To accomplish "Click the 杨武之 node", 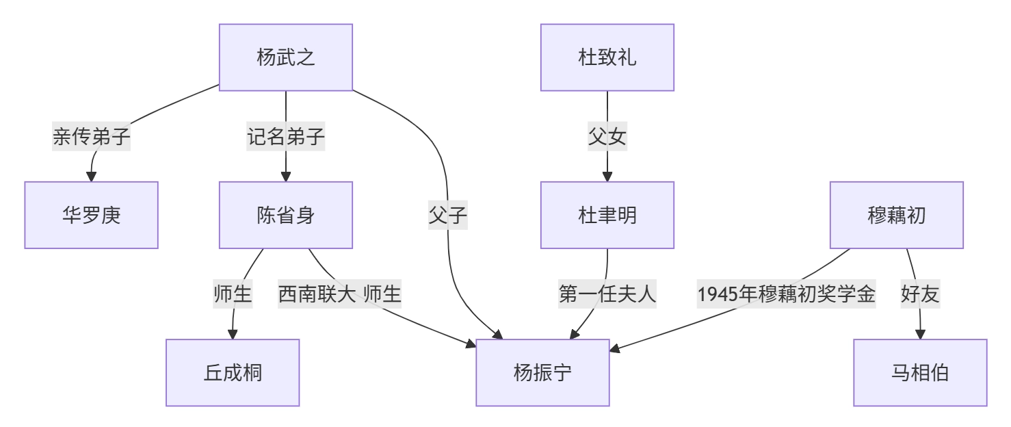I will [285, 57].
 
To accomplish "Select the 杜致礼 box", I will [607, 57].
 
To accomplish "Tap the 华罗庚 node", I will [91, 215].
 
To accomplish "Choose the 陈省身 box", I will [285, 215].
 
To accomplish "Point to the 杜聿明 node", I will [607, 215].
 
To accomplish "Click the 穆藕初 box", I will [896, 215].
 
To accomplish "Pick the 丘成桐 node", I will [233, 373].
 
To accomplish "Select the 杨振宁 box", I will [542, 373].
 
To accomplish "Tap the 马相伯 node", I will [920, 373].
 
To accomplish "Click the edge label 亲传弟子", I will [91, 137].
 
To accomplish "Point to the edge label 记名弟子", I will [285, 137].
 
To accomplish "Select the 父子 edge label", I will [448, 216].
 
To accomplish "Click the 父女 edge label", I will [607, 137].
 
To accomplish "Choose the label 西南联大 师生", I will [339, 294].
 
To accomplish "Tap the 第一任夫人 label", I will [607, 294].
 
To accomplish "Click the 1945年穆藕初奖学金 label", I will [786, 294].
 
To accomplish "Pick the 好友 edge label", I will [920, 294].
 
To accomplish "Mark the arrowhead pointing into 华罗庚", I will [91, 177].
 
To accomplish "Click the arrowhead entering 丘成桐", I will [233, 334].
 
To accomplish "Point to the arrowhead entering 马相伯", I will [920, 334].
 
